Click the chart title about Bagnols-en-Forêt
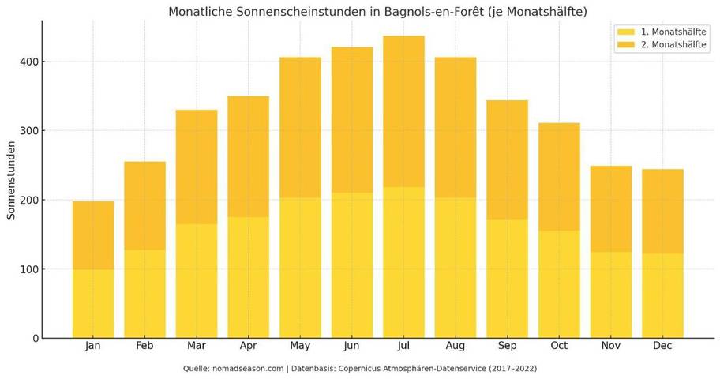(377, 12)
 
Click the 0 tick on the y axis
(36, 338)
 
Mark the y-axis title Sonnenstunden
(12, 180)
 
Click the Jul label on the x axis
(403, 346)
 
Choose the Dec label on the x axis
(662, 346)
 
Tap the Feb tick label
(144, 346)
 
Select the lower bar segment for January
(93, 304)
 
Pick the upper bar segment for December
(662, 212)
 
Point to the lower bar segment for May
(300, 268)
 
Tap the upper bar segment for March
(197, 167)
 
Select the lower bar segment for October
(559, 284)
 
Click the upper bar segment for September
(507, 159)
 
